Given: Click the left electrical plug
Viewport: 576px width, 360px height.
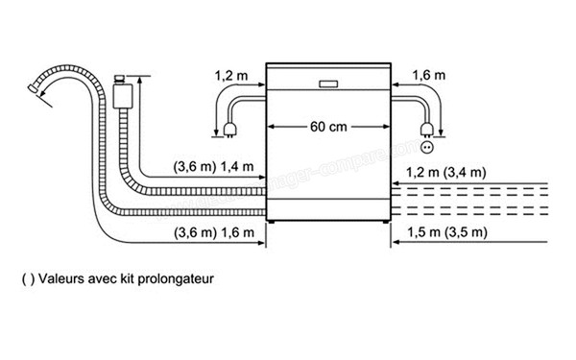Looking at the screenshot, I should pyautogui.click(x=230, y=128).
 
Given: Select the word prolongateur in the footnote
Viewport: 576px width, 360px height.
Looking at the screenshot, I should pyautogui.click(x=177, y=280).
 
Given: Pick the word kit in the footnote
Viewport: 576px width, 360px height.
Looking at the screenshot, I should pyautogui.click(x=128, y=280).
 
